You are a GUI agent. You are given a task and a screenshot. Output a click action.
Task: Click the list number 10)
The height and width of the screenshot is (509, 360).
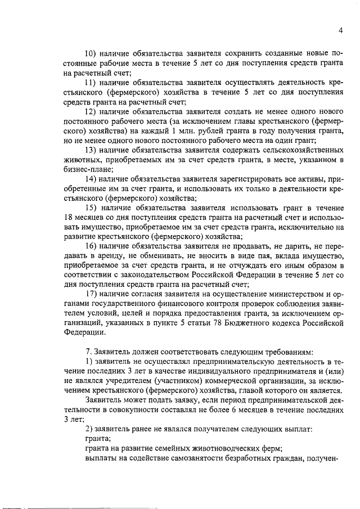click(91, 53)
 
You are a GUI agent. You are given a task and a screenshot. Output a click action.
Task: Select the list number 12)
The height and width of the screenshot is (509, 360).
click(91, 111)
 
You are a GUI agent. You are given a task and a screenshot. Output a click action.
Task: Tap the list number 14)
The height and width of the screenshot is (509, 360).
click(91, 178)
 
